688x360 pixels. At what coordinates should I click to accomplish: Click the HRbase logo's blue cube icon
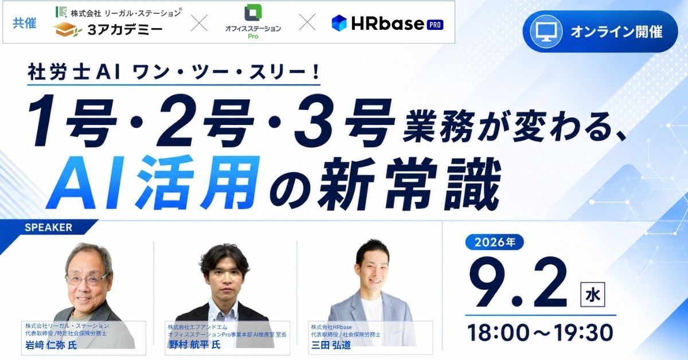point(339,23)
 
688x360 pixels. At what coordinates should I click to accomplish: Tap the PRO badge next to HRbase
point(435,25)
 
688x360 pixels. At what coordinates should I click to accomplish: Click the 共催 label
point(24,23)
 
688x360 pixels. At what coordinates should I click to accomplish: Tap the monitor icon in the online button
point(546,32)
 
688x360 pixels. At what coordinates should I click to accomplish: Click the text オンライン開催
point(616,32)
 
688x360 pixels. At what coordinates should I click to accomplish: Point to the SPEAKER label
point(49,228)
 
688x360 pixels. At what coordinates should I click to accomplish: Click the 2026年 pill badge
point(495,242)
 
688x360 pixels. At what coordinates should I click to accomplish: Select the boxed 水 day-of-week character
point(592,295)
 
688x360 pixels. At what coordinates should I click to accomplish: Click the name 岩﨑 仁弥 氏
point(51,345)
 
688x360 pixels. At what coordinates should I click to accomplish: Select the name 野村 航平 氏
point(194,345)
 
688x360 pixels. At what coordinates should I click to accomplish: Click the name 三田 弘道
point(331,345)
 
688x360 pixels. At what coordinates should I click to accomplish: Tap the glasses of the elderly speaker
point(87,279)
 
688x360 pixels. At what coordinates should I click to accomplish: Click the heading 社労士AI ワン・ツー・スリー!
point(174,73)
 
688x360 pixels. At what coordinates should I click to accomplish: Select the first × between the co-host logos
point(199,22)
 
